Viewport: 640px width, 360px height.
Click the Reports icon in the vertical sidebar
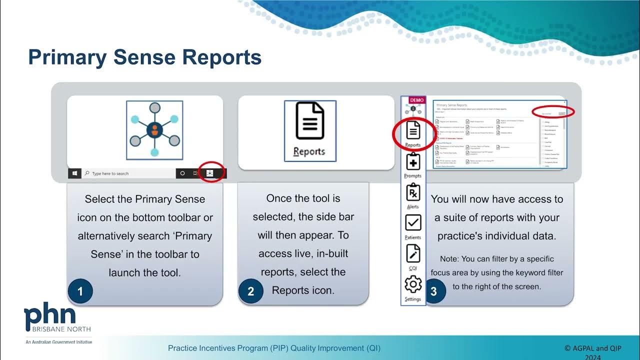(413, 131)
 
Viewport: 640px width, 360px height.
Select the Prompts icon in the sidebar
(413, 162)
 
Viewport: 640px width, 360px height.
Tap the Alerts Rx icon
(413, 193)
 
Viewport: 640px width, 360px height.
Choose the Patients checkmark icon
(413, 223)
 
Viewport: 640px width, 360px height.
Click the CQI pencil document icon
(413, 254)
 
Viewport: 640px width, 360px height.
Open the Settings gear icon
(413, 285)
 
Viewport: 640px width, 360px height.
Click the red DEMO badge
(416, 100)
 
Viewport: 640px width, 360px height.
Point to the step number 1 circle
(79, 291)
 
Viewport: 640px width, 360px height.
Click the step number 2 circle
(250, 291)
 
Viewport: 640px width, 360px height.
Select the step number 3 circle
(433, 291)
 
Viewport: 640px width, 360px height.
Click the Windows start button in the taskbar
(74, 173)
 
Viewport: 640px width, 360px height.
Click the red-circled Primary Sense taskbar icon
(210, 173)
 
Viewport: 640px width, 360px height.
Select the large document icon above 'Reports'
(309, 121)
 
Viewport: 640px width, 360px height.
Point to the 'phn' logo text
(50, 315)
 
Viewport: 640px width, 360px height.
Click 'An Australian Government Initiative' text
(59, 342)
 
